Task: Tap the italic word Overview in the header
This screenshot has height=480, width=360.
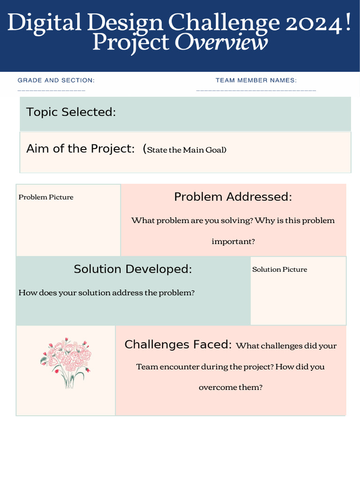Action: (x=221, y=43)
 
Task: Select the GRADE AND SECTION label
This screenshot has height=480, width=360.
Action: (x=56, y=81)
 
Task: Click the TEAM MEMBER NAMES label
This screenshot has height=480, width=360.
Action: (x=256, y=81)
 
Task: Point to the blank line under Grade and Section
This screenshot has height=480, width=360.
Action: (x=52, y=90)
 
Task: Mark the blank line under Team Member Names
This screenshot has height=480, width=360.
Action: (x=256, y=90)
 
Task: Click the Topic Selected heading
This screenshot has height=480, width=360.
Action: (x=71, y=112)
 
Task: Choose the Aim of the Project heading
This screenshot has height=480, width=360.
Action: (x=81, y=149)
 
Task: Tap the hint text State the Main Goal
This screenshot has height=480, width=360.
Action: (x=186, y=150)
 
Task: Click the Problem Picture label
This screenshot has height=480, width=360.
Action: (x=46, y=197)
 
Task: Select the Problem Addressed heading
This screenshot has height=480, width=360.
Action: (x=233, y=197)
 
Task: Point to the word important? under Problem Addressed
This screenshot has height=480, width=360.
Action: (x=233, y=242)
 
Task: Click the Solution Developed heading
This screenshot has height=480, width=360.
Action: (x=133, y=269)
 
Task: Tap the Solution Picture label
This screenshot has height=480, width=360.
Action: (x=279, y=270)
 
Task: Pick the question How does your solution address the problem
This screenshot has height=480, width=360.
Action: (x=106, y=293)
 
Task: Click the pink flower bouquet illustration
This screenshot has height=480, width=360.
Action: (x=66, y=362)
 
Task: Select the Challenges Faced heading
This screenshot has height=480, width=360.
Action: (x=178, y=345)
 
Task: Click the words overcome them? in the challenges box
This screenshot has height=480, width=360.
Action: (x=230, y=388)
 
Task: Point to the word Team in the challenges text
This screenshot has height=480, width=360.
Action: (x=147, y=367)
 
